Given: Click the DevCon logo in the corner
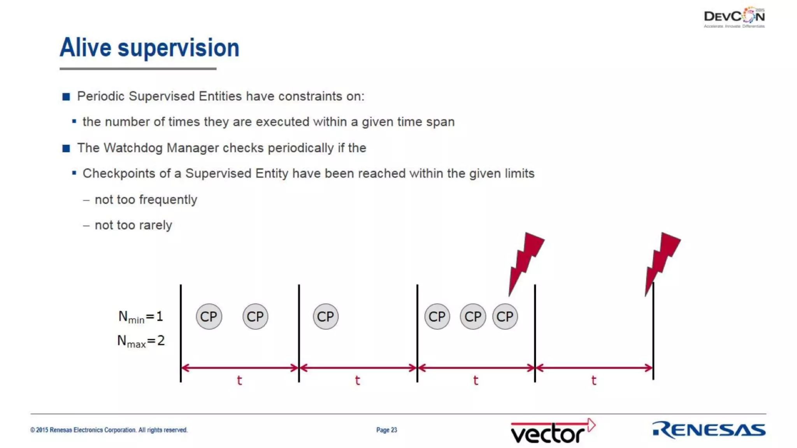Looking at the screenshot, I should [x=734, y=17].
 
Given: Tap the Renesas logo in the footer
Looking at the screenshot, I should [x=709, y=430].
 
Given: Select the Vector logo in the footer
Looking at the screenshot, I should [x=552, y=431].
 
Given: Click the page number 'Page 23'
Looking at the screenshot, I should [x=386, y=430].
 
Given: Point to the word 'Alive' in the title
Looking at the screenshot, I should [x=85, y=48].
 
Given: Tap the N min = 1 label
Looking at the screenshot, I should [x=140, y=317].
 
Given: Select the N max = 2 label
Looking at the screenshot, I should [x=141, y=341].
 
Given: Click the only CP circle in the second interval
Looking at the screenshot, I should [x=325, y=317].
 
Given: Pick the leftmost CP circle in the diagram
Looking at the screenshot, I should [x=209, y=317].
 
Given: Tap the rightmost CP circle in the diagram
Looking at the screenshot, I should [x=505, y=317].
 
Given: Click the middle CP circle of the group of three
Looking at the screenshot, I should [x=473, y=317].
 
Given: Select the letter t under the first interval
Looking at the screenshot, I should [x=239, y=380].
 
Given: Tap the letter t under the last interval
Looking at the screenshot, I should [x=593, y=380].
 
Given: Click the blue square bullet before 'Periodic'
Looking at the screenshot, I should [x=66, y=96].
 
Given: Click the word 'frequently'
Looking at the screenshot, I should [x=168, y=199].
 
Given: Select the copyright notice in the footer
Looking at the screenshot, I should [x=109, y=430].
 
